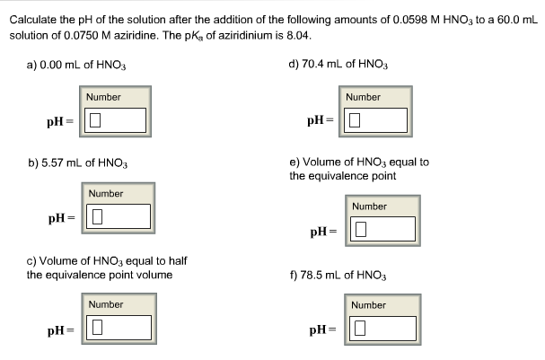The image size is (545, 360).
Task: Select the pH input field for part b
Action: tap(118, 216)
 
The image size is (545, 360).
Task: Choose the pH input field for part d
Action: tap(375, 119)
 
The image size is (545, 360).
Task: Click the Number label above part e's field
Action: tap(369, 206)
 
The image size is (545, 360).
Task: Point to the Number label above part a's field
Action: tap(104, 97)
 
